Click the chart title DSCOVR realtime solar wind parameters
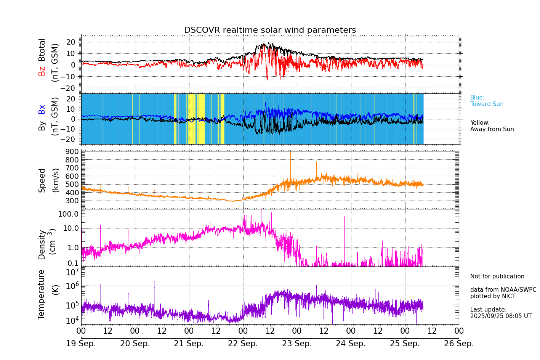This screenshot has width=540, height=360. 270,30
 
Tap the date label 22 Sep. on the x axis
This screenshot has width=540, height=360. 243,344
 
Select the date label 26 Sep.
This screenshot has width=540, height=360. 459,344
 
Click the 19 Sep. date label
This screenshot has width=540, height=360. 81,344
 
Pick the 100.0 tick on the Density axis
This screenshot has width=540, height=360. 68,214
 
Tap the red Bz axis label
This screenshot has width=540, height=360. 42,71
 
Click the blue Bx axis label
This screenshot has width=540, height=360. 42,109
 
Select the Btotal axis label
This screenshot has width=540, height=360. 42,50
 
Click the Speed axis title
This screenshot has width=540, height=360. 42,180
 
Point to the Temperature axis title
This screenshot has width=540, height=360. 42,294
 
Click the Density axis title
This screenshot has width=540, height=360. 42,244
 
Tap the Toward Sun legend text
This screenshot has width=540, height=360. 487,104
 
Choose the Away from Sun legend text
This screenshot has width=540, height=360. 492,129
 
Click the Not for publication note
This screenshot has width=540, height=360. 497,276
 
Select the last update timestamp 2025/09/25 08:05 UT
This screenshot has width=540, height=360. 501,316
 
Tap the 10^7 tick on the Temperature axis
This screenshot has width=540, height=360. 72,272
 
